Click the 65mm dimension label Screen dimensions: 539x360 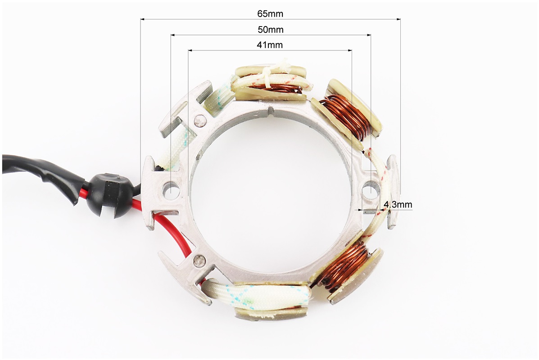(270, 13)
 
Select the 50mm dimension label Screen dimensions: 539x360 (271, 30)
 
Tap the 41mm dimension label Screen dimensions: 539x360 (270, 45)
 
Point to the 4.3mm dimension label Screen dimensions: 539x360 (398, 204)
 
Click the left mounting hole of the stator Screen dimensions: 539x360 (171, 190)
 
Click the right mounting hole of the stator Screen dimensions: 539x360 (371, 190)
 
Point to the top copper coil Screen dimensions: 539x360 (275, 88)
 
